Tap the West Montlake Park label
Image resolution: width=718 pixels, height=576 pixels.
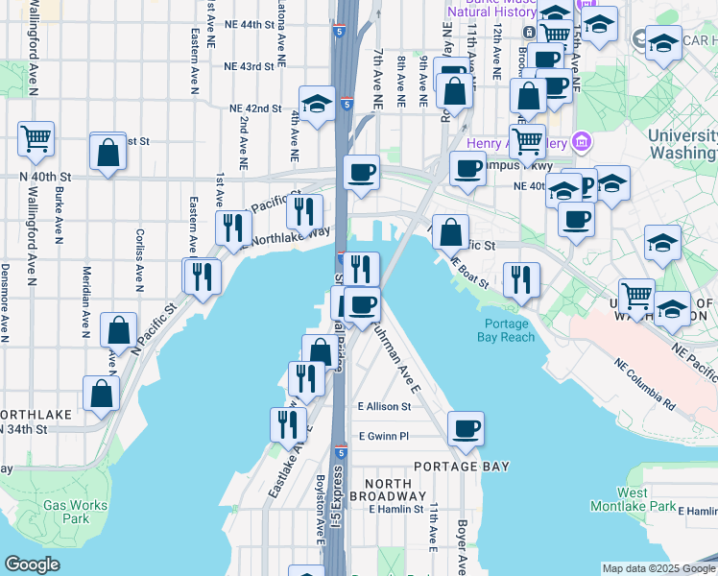[645, 499]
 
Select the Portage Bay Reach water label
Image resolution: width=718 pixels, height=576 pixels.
[508, 329]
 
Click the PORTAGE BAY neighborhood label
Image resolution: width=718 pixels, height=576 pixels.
[461, 466]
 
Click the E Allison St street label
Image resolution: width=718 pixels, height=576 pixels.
[383, 407]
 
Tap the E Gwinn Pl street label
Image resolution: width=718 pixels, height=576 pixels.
[383, 436]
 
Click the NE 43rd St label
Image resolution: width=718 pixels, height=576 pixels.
[249, 66]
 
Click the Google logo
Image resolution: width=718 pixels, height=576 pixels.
[32, 564]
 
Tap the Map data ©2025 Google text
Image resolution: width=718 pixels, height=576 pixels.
[658, 568]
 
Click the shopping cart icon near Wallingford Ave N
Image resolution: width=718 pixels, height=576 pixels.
[36, 139]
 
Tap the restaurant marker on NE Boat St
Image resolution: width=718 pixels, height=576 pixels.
[521, 279]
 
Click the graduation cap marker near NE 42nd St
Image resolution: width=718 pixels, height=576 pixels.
[317, 104]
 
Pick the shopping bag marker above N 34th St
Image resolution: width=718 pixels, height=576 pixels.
[101, 394]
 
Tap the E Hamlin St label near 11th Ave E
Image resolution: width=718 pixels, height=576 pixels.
[396, 509]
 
